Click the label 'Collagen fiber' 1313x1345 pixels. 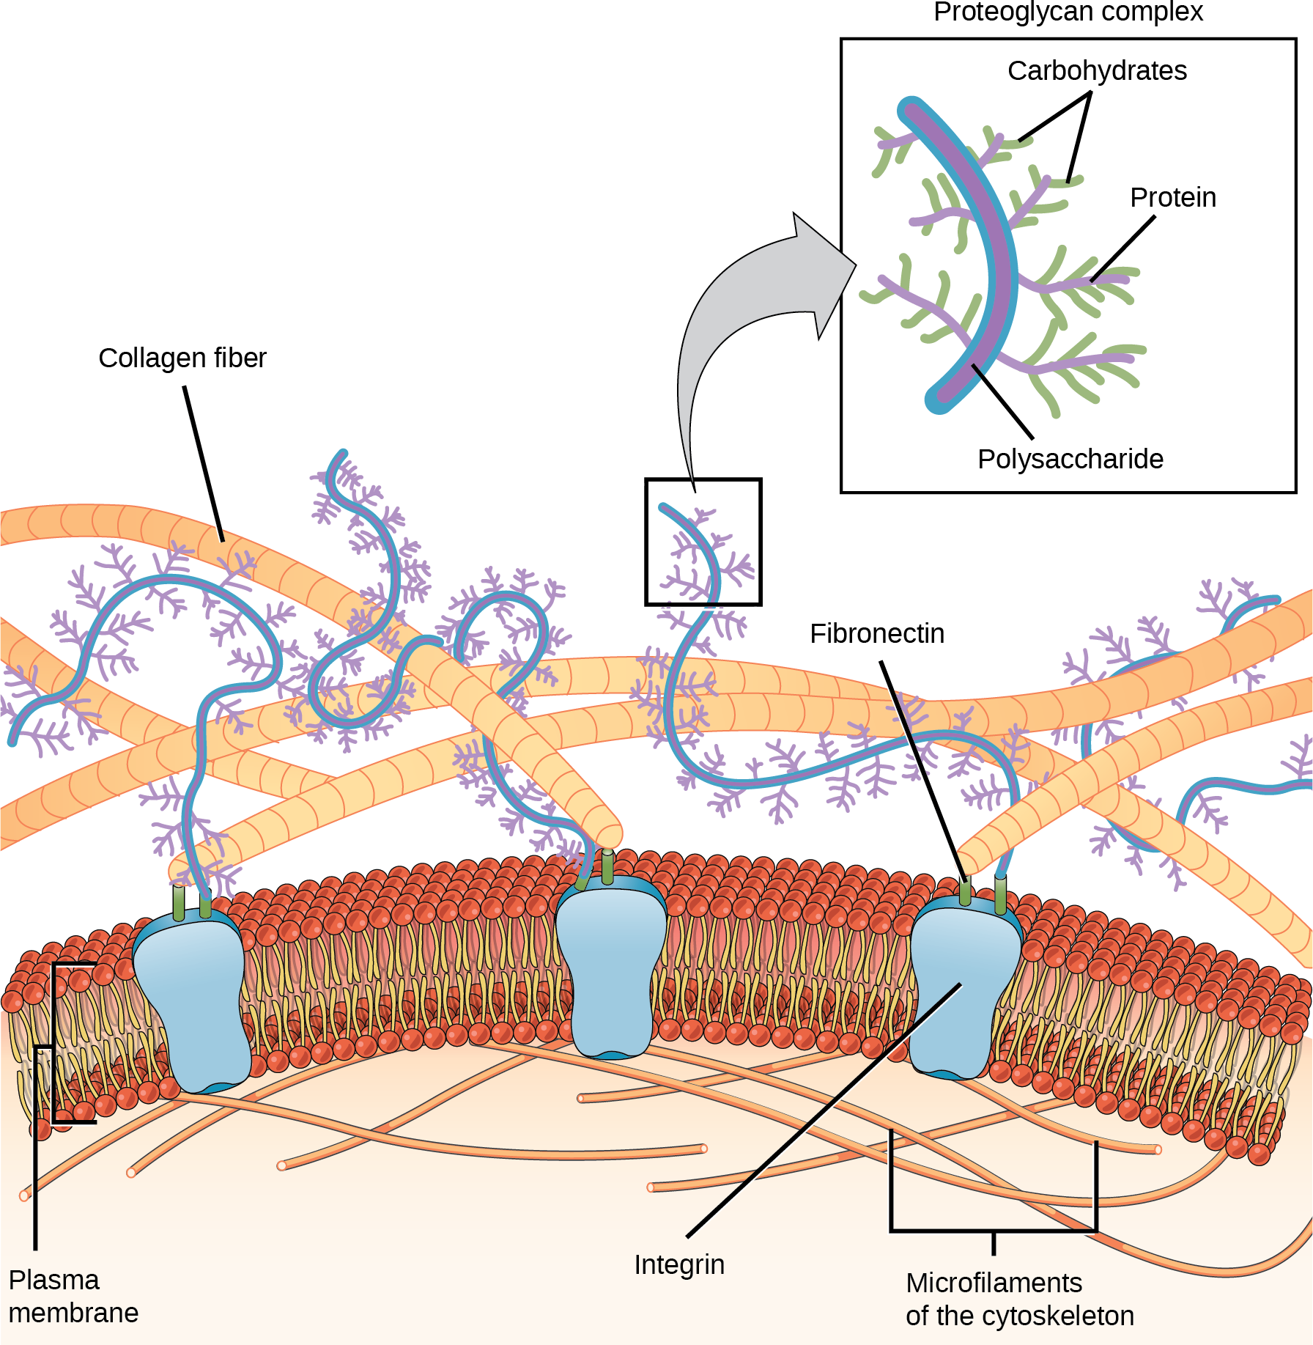[x=182, y=358]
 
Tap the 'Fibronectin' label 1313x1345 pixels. [x=876, y=634]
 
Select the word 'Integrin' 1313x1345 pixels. [x=678, y=1264]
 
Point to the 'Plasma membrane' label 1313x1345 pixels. [x=73, y=1296]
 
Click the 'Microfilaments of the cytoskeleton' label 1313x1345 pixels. [x=1019, y=1299]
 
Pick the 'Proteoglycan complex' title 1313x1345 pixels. [x=1068, y=12]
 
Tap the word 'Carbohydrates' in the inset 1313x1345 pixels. [x=1096, y=71]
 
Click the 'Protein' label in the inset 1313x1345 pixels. [x=1172, y=198]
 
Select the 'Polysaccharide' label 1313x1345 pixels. [x=1070, y=460]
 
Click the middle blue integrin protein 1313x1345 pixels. [x=610, y=968]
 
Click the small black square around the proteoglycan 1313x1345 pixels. [x=646, y=542]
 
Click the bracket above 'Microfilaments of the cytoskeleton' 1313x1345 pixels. [x=993, y=1230]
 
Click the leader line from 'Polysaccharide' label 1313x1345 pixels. [x=1002, y=402]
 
